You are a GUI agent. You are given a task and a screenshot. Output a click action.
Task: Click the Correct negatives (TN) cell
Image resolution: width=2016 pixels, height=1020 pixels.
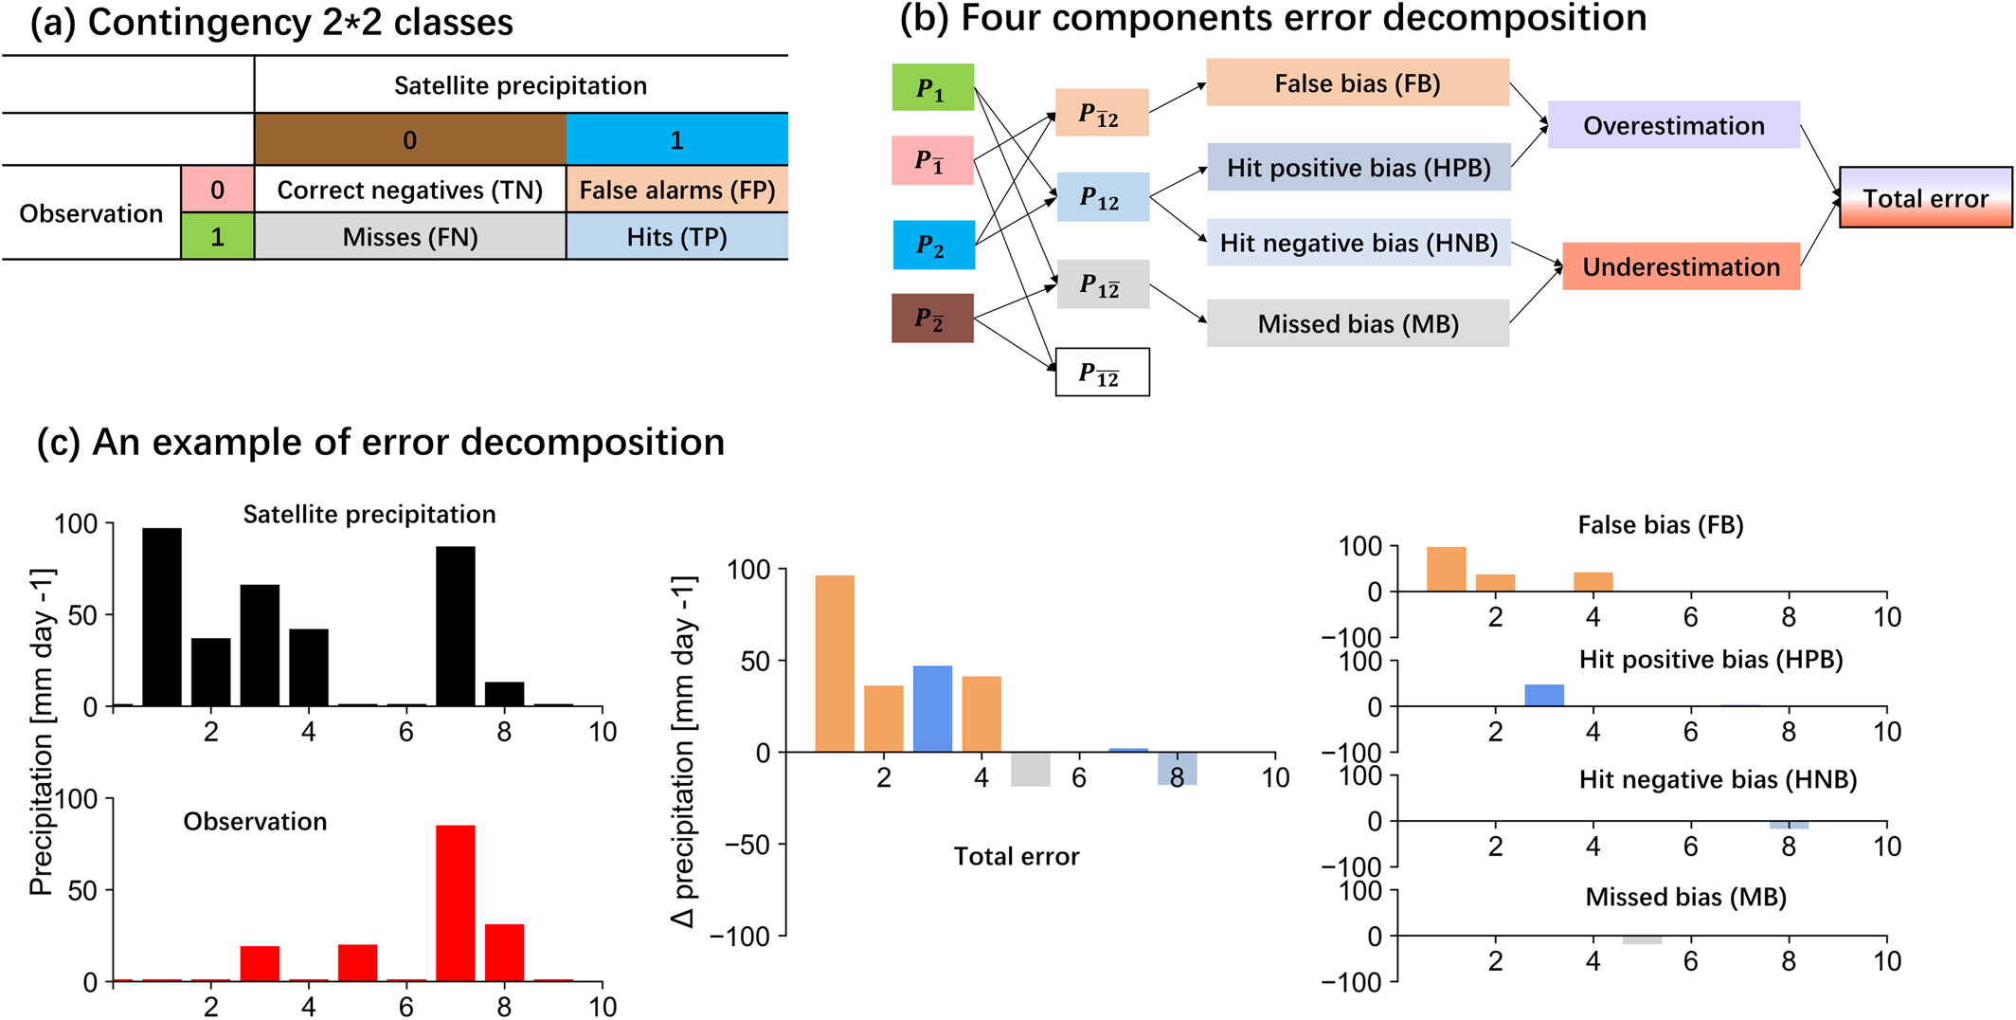point(409,191)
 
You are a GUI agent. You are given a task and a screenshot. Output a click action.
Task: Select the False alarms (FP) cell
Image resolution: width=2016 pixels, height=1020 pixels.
point(676,191)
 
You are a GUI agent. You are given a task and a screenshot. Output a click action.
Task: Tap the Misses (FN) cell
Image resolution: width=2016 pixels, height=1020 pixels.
point(409,237)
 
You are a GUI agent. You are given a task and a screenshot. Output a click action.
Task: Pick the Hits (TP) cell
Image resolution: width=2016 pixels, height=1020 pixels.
point(676,237)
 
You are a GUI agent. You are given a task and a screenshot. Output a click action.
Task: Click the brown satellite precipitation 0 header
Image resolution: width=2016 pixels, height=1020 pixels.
point(409,140)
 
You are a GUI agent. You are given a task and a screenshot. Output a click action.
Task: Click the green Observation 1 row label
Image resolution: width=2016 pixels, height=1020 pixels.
point(217,237)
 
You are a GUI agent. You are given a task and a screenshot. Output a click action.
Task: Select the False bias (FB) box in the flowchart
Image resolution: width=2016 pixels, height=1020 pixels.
point(1357,83)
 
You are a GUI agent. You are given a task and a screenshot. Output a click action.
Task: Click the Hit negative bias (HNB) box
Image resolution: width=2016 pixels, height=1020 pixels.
point(1359,243)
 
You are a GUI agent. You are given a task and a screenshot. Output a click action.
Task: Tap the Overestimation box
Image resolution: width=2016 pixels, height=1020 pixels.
point(1673,125)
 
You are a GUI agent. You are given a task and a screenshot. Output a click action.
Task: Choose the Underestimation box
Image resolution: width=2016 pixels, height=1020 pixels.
point(1681,266)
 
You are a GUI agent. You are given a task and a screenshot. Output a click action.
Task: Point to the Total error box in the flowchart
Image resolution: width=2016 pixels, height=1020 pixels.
point(1925,198)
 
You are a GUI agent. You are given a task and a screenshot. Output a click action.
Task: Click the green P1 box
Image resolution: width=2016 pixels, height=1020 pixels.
point(932,88)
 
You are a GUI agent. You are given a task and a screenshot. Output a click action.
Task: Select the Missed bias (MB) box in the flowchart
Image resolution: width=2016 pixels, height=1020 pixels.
point(1357,324)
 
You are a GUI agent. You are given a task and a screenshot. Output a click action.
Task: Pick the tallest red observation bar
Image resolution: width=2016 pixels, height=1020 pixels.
point(456,903)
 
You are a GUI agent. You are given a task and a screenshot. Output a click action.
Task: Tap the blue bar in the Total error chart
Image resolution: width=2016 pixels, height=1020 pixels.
point(932,709)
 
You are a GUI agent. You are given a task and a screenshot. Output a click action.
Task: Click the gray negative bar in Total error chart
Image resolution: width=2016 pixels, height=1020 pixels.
point(1030,769)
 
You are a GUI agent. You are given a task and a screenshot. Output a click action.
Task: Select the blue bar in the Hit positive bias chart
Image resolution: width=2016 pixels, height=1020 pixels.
point(1544,695)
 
